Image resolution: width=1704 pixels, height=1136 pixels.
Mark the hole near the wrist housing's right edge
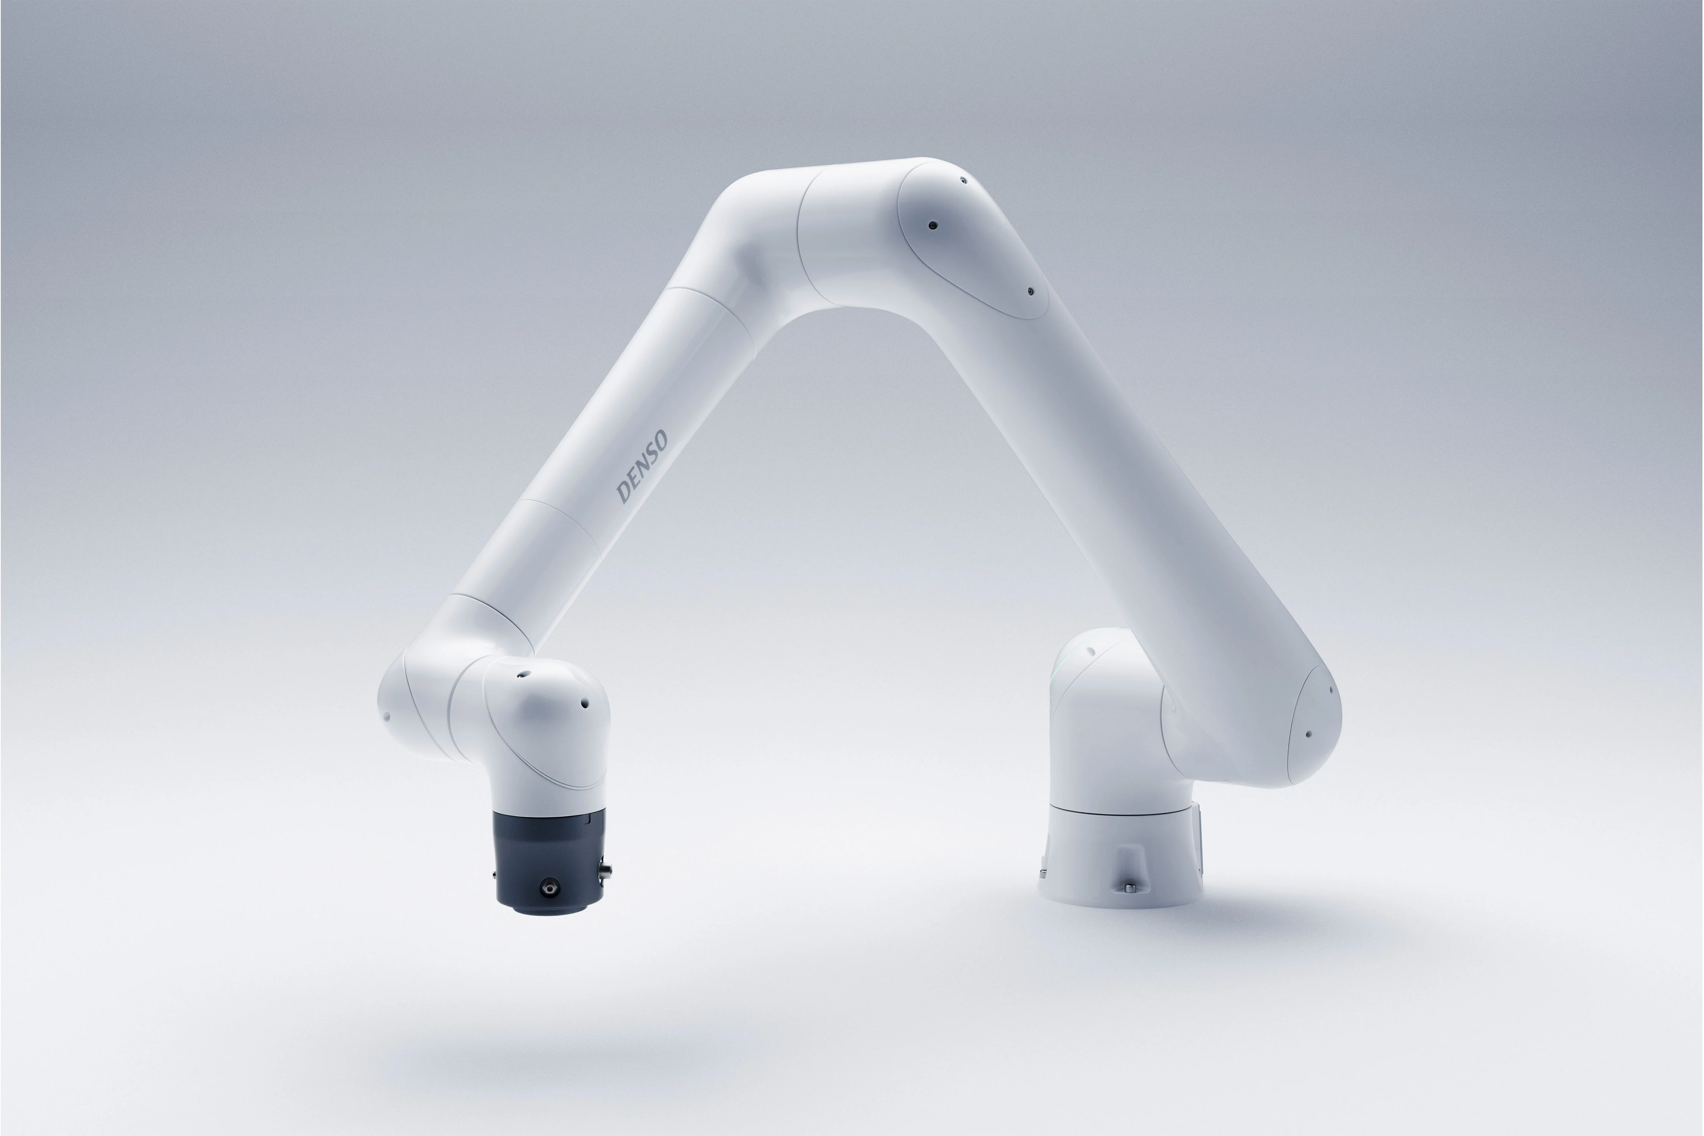tap(585, 703)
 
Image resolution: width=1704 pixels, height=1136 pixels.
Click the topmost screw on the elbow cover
tap(963, 180)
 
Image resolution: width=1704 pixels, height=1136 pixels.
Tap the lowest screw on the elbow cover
tap(1030, 292)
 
